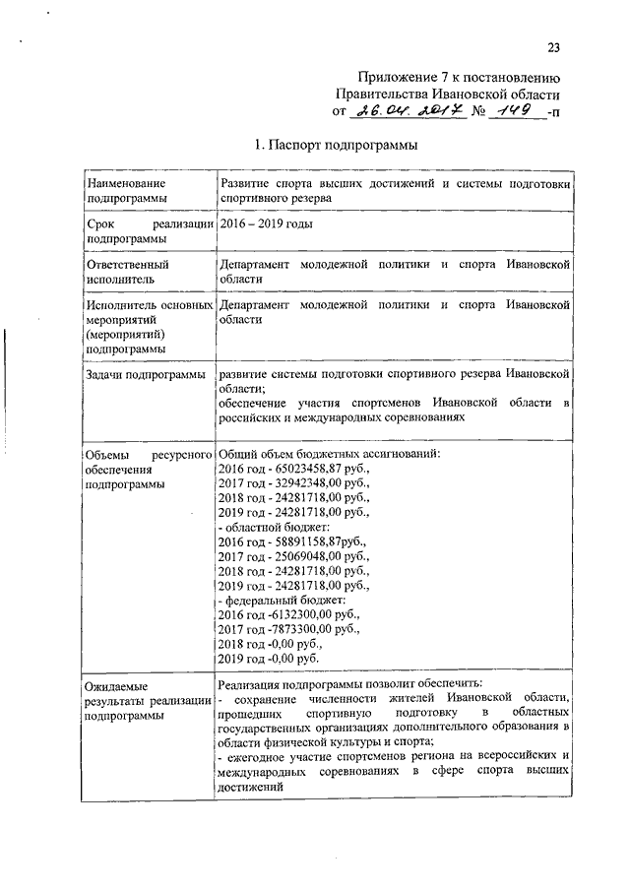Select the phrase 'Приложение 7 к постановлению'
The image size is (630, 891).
point(459,78)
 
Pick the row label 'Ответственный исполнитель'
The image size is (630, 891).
point(127,272)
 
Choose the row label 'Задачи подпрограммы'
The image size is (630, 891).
point(145,375)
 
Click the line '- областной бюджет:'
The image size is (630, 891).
point(272,526)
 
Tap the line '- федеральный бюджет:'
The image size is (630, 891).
point(280,600)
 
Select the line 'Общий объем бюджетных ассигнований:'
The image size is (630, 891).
point(329,453)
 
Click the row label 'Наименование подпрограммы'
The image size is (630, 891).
point(126,191)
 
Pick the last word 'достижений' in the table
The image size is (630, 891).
point(250,787)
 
